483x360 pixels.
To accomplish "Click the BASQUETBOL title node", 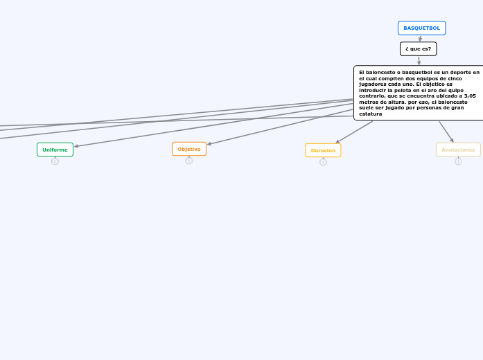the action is coord(421,28).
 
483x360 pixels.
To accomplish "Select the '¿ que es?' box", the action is coord(418,48).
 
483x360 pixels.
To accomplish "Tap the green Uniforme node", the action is coord(55,150).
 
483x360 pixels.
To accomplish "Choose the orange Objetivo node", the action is coord(188,149).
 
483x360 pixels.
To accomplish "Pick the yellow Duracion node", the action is coord(323,150).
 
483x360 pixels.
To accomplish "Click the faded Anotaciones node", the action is coord(458,150).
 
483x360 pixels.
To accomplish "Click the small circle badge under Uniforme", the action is coord(55,161).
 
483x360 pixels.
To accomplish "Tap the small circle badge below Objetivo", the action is coord(189,161).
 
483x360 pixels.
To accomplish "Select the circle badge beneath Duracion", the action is coord(323,162).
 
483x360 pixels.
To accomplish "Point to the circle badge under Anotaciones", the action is coord(458,161).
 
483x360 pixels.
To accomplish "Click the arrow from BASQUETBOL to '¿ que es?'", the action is coord(420,39).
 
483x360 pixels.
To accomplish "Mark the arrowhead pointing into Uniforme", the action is coord(76,146).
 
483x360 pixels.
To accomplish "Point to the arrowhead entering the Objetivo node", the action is coord(209,144).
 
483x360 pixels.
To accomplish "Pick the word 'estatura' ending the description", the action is coord(371,114).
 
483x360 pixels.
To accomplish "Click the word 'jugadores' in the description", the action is coord(373,84).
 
